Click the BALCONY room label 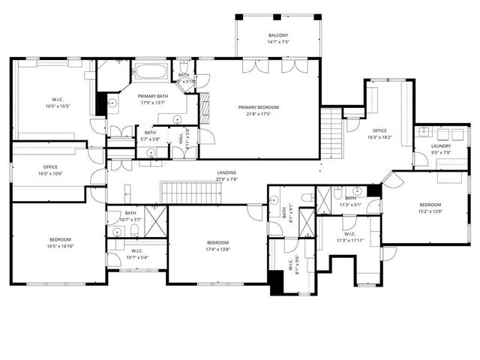(278, 36)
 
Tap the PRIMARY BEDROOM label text (258, 107)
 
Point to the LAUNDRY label (441, 146)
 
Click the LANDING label (227, 172)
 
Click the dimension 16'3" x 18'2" (380, 138)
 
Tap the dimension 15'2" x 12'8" (430, 211)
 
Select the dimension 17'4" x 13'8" (217, 249)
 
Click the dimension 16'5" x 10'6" (50, 173)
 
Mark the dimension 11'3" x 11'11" (349, 241)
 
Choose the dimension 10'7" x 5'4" (137, 257)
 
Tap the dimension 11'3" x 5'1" (350, 204)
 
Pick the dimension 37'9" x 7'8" (227, 179)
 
